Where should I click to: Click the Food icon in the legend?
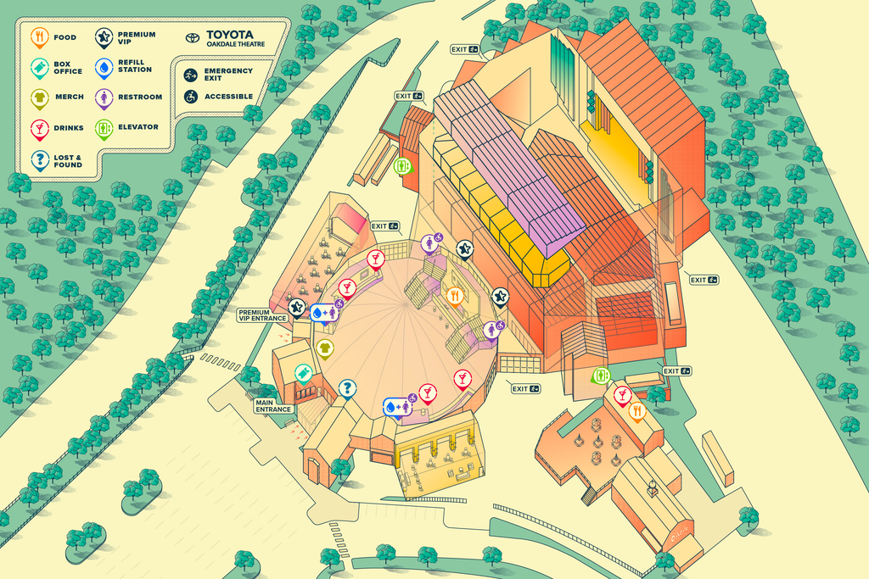pos(38,37)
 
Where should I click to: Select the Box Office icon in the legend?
pos(38,67)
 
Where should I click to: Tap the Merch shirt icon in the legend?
pos(38,97)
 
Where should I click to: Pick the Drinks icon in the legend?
pos(38,128)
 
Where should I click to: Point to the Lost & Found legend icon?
pos(38,159)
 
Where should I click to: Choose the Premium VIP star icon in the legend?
pos(104,36)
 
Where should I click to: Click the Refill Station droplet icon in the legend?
pos(104,67)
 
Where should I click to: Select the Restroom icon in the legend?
pos(104,97)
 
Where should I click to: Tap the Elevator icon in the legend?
pos(104,127)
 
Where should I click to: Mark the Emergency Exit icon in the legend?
pos(191,75)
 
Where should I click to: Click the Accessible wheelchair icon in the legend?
pos(191,97)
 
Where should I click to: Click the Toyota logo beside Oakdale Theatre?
pos(193,39)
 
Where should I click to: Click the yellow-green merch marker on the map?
pos(324,348)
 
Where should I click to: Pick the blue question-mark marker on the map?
pos(347,388)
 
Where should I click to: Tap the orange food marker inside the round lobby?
pos(455,295)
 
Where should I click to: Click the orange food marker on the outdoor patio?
pos(636,411)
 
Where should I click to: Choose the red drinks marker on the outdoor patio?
pos(621,394)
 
